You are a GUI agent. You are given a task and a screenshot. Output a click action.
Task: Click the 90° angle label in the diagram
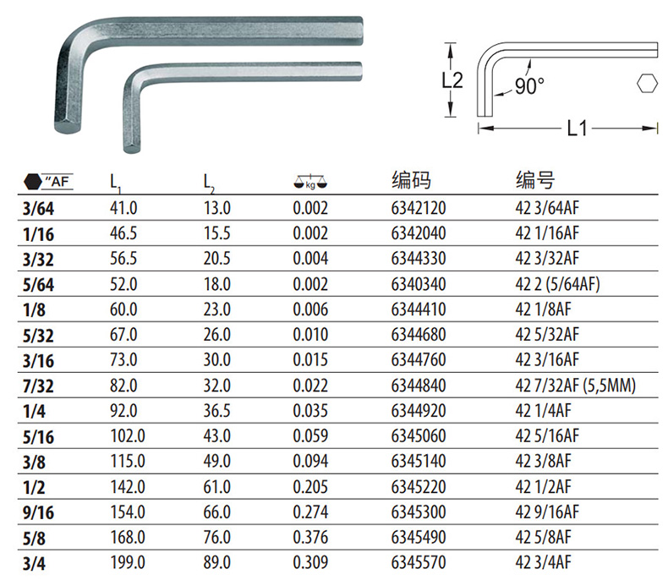529,86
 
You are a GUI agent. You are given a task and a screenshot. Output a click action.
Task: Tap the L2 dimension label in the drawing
452,80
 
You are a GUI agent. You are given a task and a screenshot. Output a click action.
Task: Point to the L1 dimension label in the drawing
578,128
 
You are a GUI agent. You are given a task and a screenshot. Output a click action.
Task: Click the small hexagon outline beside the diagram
648,83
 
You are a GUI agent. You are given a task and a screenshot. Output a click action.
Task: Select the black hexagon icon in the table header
33,182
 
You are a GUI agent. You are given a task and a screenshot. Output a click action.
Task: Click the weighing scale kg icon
310,182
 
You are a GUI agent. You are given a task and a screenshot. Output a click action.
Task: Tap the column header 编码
411,180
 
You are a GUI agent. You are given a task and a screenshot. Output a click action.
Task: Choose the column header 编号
535,180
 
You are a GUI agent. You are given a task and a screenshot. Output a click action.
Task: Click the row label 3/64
38,209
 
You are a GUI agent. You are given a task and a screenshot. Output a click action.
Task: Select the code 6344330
419,259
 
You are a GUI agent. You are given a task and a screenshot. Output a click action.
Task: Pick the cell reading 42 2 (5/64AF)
557,284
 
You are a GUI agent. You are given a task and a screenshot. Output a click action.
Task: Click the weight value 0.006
310,309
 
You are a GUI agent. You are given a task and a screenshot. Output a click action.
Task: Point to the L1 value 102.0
128,436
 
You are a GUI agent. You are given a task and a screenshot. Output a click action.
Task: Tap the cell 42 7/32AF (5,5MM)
575,386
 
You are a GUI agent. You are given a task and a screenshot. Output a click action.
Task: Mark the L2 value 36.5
216,411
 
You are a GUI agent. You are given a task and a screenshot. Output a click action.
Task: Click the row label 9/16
38,512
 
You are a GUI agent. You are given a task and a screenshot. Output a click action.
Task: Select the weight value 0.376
310,538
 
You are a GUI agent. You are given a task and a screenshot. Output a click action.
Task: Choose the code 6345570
419,562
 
